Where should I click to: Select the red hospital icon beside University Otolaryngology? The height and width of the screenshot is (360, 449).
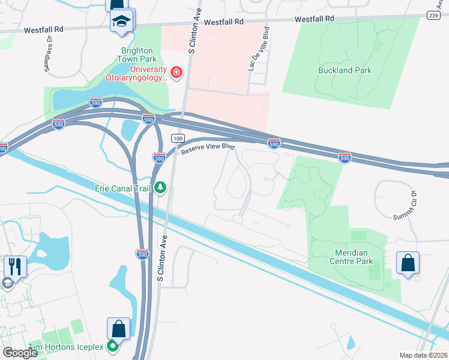coord(176,73)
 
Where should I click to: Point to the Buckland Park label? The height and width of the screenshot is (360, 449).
coord(345,70)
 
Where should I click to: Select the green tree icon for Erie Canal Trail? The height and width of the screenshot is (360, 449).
coord(160,188)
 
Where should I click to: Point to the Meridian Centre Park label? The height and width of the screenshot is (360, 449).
coord(351,257)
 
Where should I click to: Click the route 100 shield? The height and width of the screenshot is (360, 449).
coord(177,139)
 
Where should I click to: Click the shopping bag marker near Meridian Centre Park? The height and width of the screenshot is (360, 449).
coord(408,263)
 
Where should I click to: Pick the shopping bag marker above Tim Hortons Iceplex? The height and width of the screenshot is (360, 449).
coord(118,328)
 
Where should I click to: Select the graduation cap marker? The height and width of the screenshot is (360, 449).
coord(122,20)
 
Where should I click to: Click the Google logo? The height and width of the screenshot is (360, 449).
coord(20,353)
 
